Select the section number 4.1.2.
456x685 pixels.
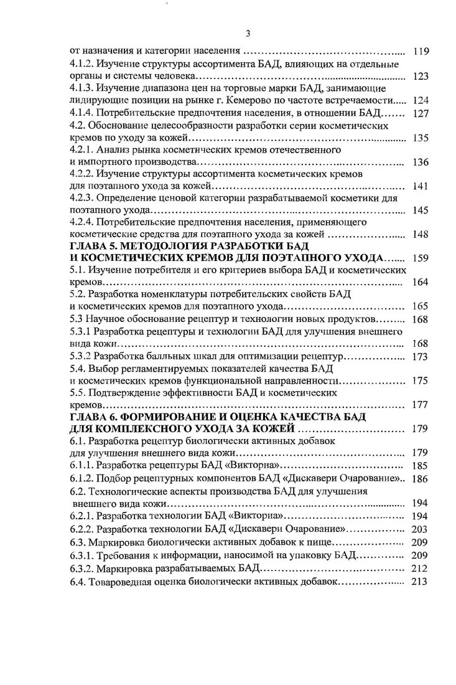click(x=81, y=64)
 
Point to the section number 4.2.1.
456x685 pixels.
click(x=81, y=150)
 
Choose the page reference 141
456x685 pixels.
click(x=421, y=186)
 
